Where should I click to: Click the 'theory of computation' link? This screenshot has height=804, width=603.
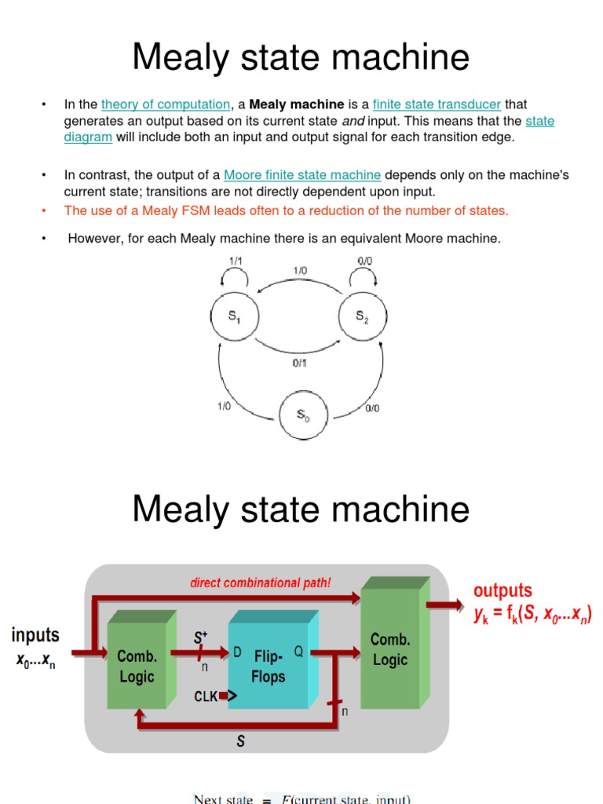tap(166, 104)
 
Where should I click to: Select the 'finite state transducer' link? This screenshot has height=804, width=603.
tap(437, 104)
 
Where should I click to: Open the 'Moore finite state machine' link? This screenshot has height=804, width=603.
tap(302, 175)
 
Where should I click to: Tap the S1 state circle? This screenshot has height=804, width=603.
tap(235, 317)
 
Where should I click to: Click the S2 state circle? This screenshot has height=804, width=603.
tap(362, 317)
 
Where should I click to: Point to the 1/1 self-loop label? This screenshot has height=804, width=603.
tap(236, 261)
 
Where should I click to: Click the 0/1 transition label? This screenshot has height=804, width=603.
tap(299, 363)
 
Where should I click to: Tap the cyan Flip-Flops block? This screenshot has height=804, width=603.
tap(269, 666)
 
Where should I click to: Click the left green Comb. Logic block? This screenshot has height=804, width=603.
tap(137, 666)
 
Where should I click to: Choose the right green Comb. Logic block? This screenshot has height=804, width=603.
tap(390, 650)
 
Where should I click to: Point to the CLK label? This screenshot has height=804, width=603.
tap(206, 696)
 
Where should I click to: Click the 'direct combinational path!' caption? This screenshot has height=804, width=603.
tap(261, 583)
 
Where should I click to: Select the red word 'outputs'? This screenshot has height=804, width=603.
tap(502, 590)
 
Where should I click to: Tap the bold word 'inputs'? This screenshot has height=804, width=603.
tap(35, 634)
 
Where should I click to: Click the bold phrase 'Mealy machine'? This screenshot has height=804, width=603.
tap(297, 104)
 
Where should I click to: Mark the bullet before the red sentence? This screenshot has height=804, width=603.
tap(45, 210)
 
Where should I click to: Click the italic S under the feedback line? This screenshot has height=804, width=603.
tap(241, 742)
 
